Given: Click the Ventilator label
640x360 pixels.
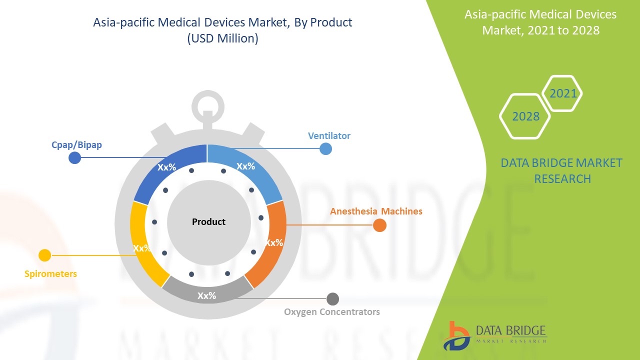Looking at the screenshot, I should pyautogui.click(x=329, y=136).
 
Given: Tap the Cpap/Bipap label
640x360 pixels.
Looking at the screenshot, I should pyautogui.click(x=76, y=145).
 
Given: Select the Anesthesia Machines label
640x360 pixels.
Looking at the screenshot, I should pyautogui.click(x=376, y=211).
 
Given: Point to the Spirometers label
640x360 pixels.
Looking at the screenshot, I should pyautogui.click(x=50, y=274).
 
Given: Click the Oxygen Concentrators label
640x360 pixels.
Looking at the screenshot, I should pyautogui.click(x=332, y=312).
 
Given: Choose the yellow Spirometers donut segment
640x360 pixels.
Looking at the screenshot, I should pyautogui.click(x=142, y=245).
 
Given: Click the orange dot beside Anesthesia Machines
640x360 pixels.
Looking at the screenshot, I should pyautogui.click(x=380, y=225).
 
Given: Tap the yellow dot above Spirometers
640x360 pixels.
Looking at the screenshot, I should pyautogui.click(x=45, y=255).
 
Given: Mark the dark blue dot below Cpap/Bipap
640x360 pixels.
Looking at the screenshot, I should pyautogui.click(x=74, y=158).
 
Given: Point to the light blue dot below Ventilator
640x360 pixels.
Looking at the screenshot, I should pyautogui.click(x=325, y=148).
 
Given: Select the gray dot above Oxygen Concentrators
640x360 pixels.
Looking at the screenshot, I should pyautogui.click(x=332, y=299).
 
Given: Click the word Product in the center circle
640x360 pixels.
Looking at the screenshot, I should pyautogui.click(x=208, y=221).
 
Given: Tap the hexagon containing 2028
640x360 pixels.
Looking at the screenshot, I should pyautogui.click(x=525, y=116).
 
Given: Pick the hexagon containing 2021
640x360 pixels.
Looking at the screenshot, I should pyautogui.click(x=562, y=93).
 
